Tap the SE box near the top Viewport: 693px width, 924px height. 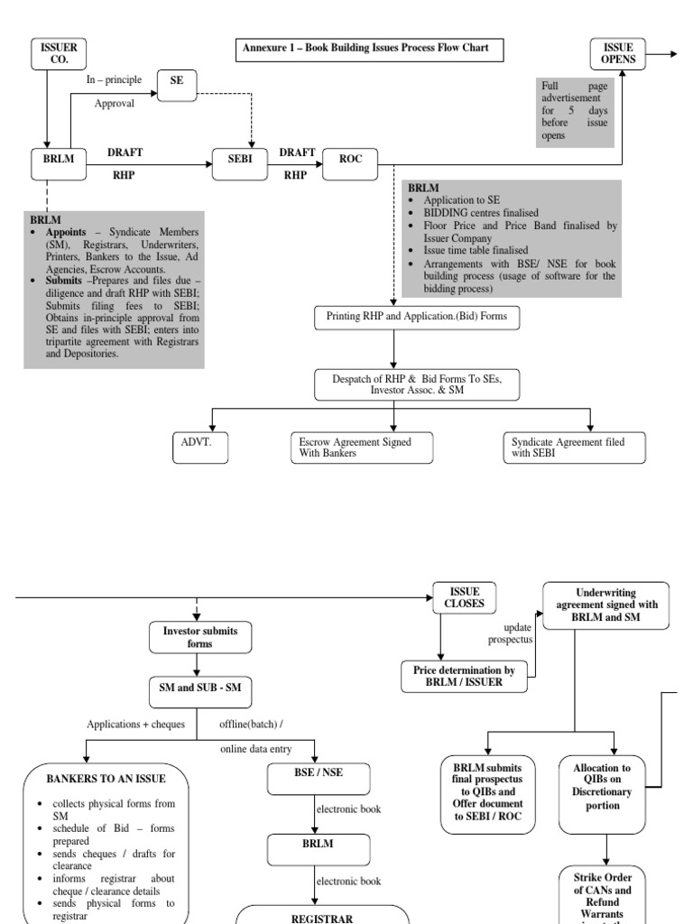(176, 80)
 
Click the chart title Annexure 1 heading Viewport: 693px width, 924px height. (365, 48)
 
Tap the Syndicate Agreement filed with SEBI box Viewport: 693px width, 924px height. (573, 448)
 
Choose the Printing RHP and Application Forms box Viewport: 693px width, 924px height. (393, 318)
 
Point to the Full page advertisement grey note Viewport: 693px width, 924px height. (573, 111)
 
